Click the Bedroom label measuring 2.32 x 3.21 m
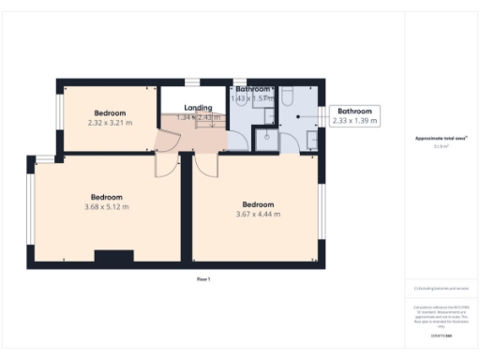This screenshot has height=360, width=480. (110, 113)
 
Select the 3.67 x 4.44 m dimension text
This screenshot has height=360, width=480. (258, 214)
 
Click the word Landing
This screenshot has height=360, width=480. (198, 108)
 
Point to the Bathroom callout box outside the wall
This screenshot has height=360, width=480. (355, 115)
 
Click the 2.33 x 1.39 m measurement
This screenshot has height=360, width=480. (355, 121)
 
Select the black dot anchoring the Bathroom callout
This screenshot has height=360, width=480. (298, 116)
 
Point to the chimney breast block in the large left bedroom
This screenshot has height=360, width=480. (113, 255)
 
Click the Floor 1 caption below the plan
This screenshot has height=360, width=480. (203, 279)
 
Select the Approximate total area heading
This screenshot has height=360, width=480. (441, 139)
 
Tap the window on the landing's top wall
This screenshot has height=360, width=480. (192, 82)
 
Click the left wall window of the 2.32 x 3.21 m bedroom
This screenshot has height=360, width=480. (59, 112)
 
